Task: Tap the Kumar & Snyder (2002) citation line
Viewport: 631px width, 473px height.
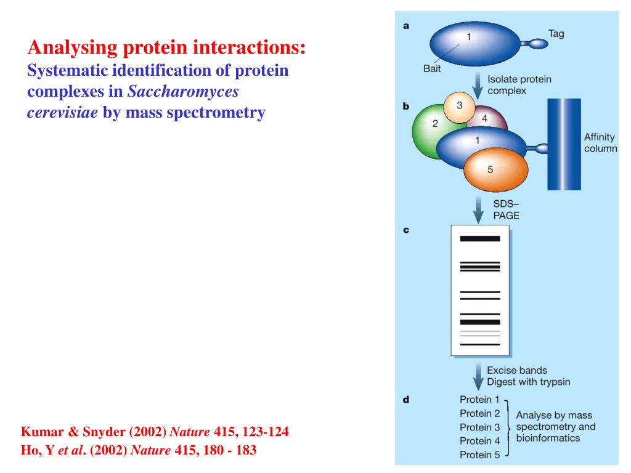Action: coord(155,432)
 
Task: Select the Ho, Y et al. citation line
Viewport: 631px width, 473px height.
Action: coord(139,450)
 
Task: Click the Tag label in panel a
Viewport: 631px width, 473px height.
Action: coord(556,34)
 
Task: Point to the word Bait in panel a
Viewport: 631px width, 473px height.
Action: coord(432,68)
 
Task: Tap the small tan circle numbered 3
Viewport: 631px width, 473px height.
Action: coord(459,107)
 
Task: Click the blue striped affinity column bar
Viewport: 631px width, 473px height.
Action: coord(564,144)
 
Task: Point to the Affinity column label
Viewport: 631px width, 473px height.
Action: coord(600,143)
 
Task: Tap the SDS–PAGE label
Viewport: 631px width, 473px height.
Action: coord(506,209)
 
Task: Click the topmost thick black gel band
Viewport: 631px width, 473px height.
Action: coord(480,238)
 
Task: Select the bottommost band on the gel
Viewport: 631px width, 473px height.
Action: coord(480,344)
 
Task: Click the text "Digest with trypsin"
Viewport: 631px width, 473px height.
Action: coord(528,382)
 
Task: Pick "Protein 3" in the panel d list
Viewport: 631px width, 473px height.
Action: coord(479,427)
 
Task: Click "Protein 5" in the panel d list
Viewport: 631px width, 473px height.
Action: coord(479,455)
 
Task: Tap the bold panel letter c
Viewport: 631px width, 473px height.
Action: coord(406,230)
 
